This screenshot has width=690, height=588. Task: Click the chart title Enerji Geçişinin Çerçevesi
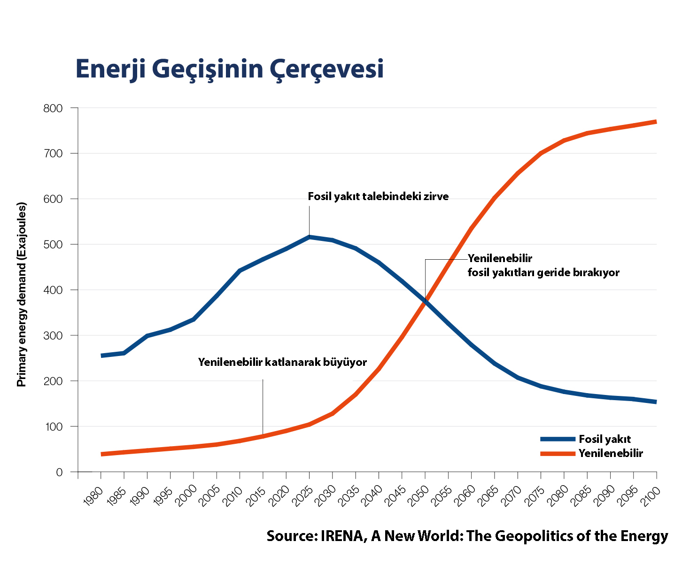229,70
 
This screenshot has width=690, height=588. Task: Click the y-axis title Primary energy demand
22,294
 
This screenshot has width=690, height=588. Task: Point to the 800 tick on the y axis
53,108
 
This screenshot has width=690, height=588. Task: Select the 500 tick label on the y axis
53,245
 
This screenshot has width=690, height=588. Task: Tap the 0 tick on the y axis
59,472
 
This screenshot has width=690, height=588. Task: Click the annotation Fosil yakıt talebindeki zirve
378,196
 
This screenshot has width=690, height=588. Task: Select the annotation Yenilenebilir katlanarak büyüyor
282,362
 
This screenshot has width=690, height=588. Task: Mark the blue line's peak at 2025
309,237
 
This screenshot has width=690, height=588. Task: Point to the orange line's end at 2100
656,122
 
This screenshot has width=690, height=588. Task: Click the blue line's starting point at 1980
101,356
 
